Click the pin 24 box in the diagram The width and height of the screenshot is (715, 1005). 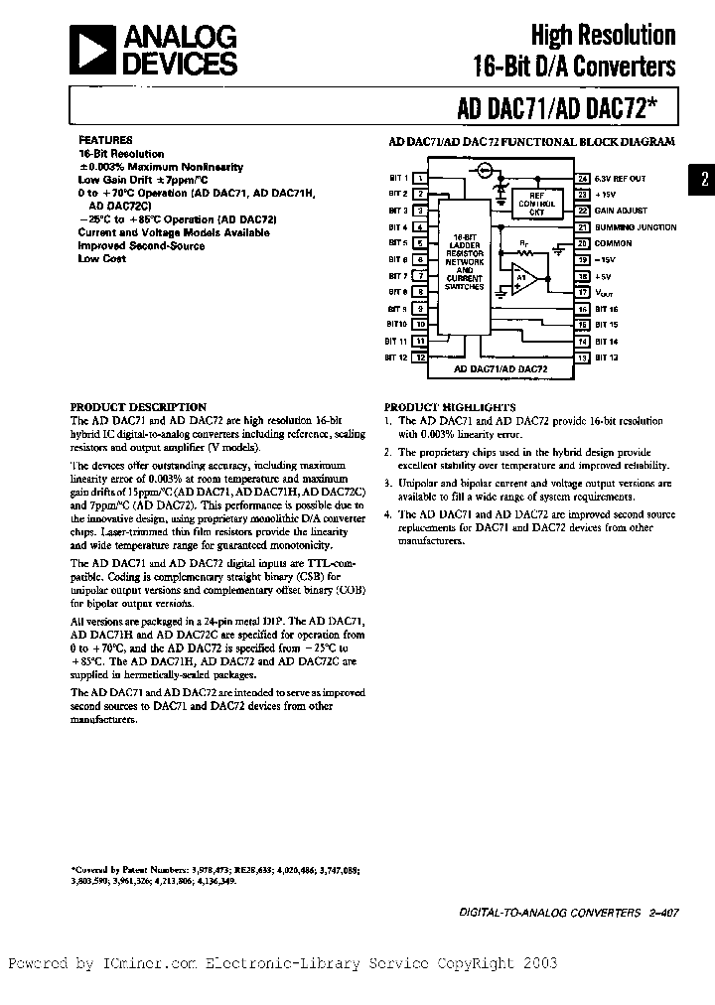(583, 179)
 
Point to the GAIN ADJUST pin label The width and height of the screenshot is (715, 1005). (621, 211)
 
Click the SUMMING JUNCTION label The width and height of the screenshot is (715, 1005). (636, 227)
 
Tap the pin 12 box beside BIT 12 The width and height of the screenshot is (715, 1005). (421, 357)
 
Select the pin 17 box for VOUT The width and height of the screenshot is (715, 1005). (583, 292)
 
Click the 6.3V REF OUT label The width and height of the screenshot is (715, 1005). (620, 179)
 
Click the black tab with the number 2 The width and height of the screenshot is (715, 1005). (703, 180)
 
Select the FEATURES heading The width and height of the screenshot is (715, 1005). (105, 141)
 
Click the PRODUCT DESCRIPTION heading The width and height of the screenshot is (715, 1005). (138, 407)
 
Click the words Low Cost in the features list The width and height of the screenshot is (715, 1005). (102, 258)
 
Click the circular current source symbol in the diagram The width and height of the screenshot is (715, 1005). (485, 171)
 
